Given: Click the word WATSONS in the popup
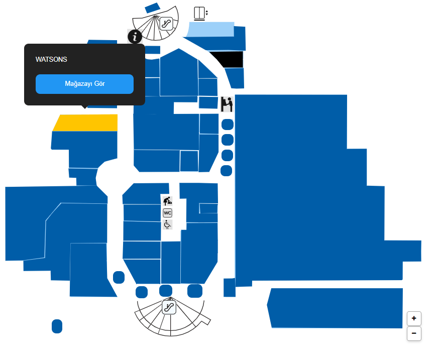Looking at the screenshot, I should pos(51,60).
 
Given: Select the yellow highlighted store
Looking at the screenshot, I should pos(85,123).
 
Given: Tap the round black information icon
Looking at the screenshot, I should pos(135,36).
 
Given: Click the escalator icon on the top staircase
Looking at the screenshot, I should pos(166,23).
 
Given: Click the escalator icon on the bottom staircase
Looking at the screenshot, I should pos(169,307).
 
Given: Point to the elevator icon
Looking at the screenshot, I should pos(200,13).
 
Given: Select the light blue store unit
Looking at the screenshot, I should pos(211,30).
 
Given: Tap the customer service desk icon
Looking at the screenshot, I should pos(227,104).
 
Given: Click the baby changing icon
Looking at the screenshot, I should pos(168,201).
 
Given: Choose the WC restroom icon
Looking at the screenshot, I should pos(168,213).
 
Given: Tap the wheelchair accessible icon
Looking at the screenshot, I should pos(168,224).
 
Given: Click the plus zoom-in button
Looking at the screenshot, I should pos(414,318).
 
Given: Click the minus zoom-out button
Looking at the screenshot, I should pos(414,333).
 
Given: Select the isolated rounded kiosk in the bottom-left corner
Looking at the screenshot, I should pos(57,326).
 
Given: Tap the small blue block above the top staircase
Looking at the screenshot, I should pos(152,8).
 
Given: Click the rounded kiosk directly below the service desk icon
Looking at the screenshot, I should pos(228,125).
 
